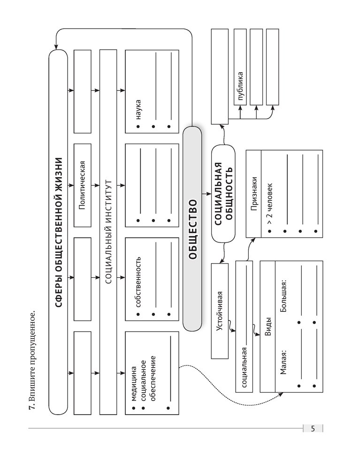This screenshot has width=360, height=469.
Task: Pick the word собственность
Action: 138,281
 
